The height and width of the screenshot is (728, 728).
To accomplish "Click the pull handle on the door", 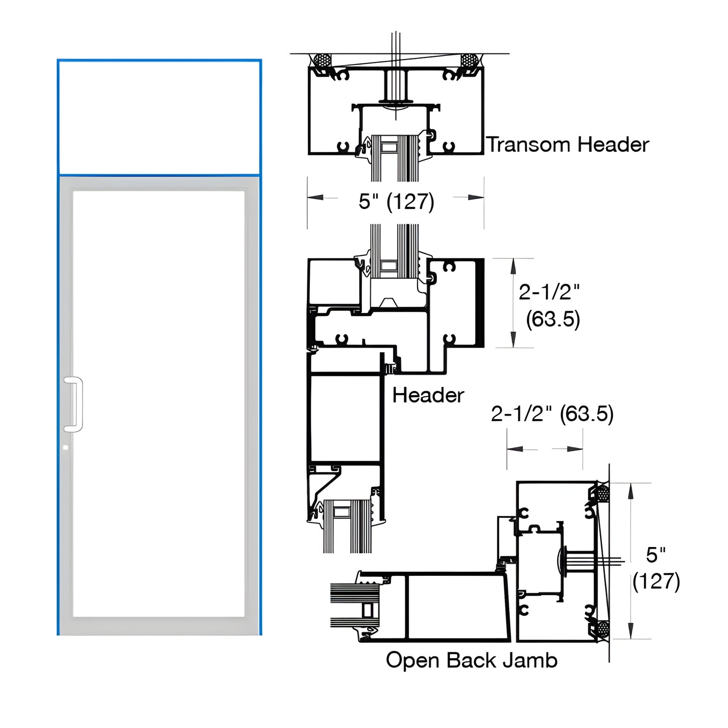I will [x=74, y=404].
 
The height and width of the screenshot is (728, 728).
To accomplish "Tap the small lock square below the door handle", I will [x=65, y=447].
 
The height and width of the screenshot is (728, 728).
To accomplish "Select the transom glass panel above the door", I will [x=159, y=117].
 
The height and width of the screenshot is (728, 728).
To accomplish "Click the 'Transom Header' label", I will [x=568, y=145].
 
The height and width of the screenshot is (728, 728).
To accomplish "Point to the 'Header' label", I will [x=428, y=395].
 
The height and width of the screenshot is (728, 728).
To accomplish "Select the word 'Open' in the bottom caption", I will [x=412, y=660].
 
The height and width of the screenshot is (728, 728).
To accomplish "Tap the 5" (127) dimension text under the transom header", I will [x=396, y=202].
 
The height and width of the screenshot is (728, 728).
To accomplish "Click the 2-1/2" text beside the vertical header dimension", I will [x=549, y=292].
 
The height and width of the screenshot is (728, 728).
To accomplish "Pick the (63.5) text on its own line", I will [x=553, y=319].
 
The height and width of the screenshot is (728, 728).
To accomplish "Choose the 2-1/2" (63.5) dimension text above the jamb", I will [x=552, y=414].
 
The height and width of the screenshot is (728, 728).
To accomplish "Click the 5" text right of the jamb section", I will [x=656, y=555].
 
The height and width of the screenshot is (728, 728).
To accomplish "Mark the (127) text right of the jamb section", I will [x=656, y=581].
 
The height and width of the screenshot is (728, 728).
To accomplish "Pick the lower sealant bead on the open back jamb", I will [x=602, y=628].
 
